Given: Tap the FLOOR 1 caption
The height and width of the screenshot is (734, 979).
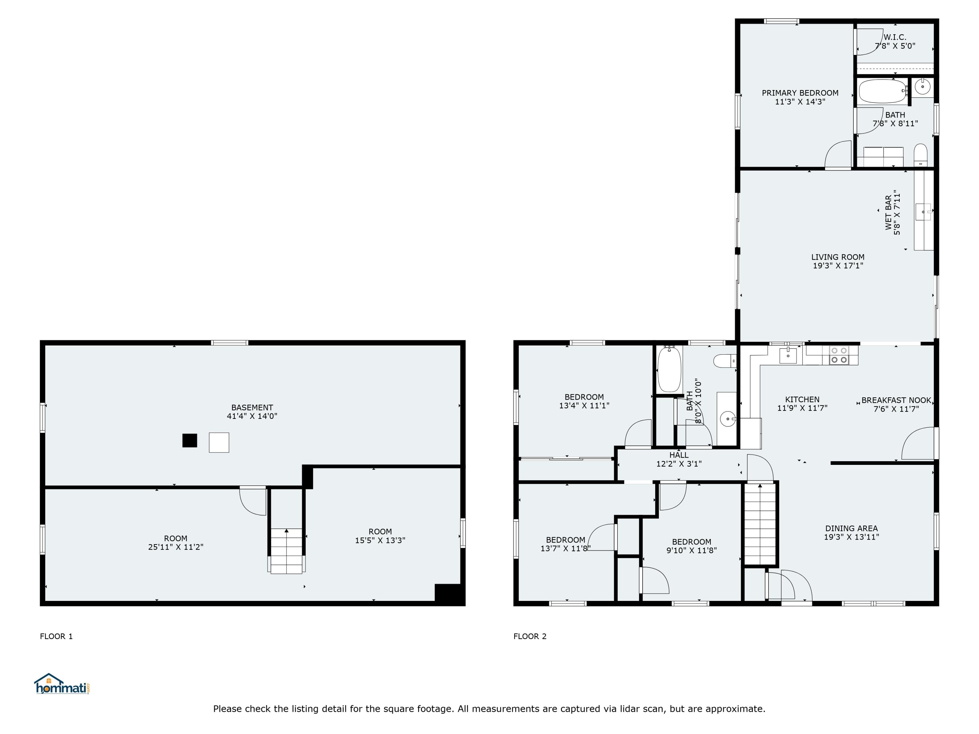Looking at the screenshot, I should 56,636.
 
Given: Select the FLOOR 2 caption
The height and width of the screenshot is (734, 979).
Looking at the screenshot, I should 530,636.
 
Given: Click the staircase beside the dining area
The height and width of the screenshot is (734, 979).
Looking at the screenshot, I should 760,524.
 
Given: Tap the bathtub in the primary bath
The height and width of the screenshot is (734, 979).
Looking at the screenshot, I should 882,91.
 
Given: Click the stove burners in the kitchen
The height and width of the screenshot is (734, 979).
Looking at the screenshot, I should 839,355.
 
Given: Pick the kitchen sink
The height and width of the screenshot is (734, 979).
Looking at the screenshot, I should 788,355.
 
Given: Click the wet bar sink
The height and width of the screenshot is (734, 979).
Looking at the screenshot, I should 923,211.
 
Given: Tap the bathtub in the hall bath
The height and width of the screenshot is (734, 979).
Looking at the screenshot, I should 669,369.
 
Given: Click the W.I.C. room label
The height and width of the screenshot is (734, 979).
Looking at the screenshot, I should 895,37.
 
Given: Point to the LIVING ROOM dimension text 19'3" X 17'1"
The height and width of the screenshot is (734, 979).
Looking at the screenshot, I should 838,266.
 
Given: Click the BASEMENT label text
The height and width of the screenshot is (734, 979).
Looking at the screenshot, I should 252,407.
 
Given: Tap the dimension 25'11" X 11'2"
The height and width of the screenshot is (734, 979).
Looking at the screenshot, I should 176,547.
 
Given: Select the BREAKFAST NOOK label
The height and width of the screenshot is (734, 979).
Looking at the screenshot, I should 896,400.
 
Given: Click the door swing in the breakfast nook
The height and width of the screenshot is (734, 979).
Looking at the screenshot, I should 917,444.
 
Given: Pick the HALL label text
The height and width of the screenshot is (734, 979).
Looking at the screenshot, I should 678,455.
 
